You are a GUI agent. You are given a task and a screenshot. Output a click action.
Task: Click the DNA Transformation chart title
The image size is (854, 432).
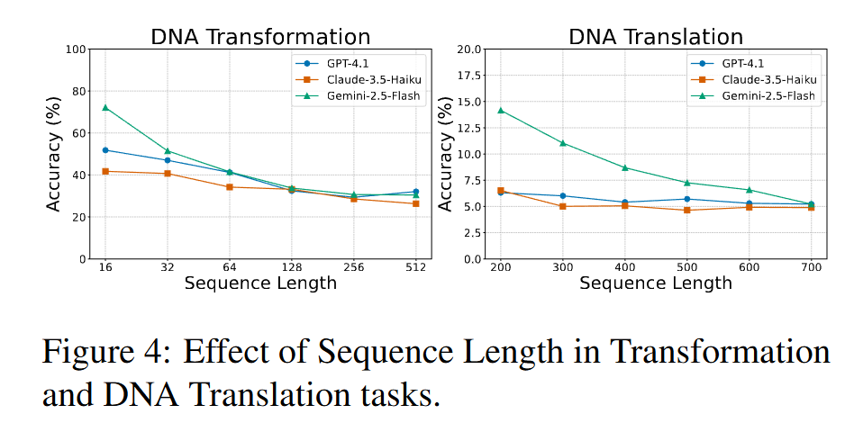click(x=260, y=37)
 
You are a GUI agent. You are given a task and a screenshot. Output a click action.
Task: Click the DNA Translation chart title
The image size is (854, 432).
click(x=655, y=37)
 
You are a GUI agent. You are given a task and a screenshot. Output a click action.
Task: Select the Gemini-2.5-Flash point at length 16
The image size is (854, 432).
click(x=105, y=107)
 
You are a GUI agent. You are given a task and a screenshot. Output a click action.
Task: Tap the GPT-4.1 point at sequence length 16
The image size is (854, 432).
click(x=105, y=149)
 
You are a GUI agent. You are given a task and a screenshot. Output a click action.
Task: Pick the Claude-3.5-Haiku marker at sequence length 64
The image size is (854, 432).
click(x=230, y=187)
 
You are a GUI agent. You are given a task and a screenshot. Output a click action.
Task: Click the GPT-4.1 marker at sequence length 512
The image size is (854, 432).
click(x=415, y=192)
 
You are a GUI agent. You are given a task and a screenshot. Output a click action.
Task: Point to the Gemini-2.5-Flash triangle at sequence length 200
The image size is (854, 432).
click(x=501, y=111)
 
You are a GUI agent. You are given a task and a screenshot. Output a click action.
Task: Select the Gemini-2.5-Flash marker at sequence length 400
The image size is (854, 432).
click(x=625, y=167)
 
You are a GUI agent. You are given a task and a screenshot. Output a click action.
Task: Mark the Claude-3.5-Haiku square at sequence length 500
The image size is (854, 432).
click(x=687, y=210)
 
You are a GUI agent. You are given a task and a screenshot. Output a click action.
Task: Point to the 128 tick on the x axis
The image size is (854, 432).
click(x=292, y=268)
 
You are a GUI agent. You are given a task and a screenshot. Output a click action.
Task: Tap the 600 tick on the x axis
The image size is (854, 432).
click(x=750, y=268)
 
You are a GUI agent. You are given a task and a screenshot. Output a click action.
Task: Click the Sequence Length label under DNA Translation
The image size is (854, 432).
click(x=655, y=283)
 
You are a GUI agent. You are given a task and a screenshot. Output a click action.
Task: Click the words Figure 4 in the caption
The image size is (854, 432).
click(x=100, y=353)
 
